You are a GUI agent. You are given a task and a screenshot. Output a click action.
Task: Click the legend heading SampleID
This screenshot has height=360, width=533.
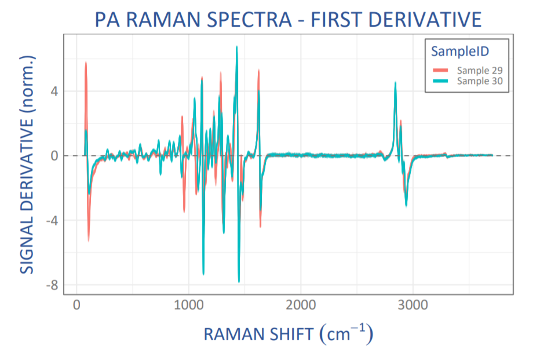point(458,51)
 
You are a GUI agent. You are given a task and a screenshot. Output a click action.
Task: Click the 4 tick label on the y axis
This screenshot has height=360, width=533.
point(53,91)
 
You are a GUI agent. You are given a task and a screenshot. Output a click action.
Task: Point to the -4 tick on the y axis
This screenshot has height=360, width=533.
point(51,220)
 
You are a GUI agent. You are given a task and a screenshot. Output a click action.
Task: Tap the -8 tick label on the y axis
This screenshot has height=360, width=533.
point(51,285)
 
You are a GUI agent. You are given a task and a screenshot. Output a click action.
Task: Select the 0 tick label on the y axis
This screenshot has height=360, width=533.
point(53,156)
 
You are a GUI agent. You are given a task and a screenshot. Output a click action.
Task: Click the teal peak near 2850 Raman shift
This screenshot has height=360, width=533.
point(395,83)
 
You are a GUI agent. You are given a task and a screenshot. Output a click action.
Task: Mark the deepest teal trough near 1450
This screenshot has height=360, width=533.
point(239,282)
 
